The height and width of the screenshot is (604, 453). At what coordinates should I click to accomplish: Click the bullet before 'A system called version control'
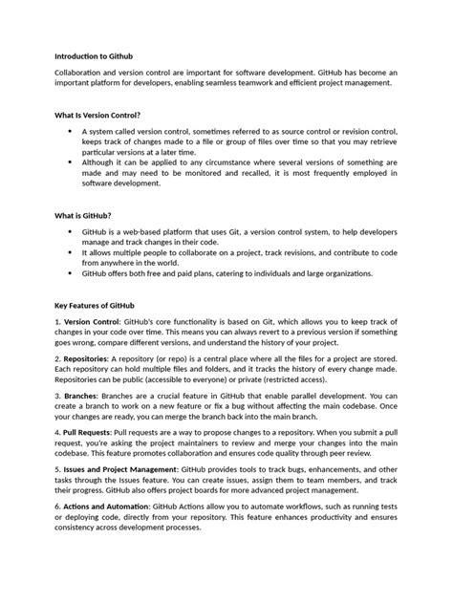tap(70, 130)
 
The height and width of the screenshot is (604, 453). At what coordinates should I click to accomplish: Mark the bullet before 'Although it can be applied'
tap(70, 162)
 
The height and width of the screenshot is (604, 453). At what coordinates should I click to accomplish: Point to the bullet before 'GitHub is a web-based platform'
tap(70, 231)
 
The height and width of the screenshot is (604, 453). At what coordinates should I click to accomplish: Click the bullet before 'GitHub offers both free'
tap(70, 273)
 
